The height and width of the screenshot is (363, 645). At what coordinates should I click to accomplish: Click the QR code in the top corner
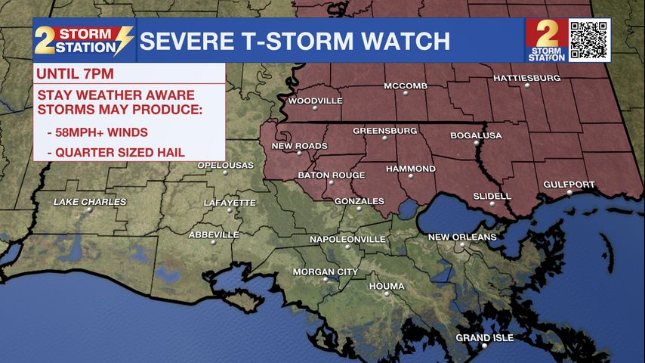pos(588,39)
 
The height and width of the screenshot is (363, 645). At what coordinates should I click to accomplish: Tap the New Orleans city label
pos(462,237)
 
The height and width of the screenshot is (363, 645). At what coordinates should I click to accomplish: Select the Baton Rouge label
pos(331,175)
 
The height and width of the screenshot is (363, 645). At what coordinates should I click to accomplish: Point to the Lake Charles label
pos(90,202)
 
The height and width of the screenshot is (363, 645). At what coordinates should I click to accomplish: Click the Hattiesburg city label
pos(527,78)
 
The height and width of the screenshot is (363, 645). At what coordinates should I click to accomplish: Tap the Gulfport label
pos(569,185)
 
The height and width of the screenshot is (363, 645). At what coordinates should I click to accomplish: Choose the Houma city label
pos(387,286)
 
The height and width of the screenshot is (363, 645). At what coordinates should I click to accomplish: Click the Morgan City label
pos(326,271)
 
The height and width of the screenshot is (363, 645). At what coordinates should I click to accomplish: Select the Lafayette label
pos(230,203)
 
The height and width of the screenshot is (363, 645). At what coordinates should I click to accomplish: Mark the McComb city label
pos(406,85)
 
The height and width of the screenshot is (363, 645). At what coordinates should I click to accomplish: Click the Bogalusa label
pos(476,135)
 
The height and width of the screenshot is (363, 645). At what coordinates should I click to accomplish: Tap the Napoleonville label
pos(347,239)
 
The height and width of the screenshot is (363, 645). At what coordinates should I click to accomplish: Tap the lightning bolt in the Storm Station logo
pos(122,40)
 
